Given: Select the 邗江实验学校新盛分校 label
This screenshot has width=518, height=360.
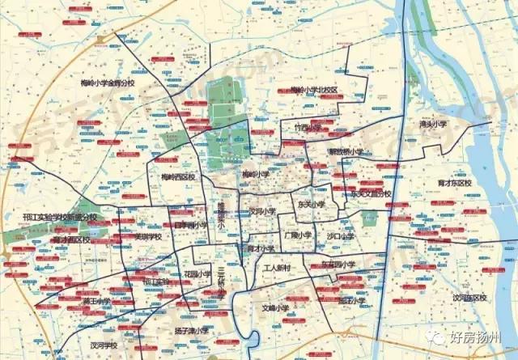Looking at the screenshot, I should (59, 218).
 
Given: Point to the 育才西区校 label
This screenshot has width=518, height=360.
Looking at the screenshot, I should (71, 239).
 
